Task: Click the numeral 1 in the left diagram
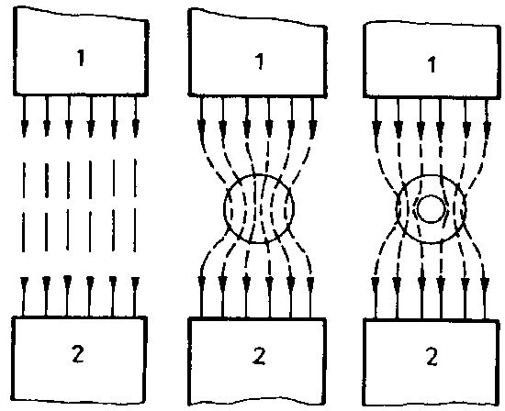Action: [81, 58]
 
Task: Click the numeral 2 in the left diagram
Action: [78, 354]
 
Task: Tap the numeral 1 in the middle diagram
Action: [260, 61]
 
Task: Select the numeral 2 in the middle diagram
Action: [259, 355]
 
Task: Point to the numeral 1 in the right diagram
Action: [432, 64]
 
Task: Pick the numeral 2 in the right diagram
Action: [432, 356]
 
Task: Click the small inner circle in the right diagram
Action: [431, 208]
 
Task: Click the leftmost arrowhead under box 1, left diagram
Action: [25, 128]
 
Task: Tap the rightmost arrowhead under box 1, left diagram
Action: [136, 128]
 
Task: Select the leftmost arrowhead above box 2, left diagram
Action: [24, 283]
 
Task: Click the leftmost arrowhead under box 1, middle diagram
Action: [202, 128]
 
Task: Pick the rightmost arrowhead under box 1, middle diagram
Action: [312, 128]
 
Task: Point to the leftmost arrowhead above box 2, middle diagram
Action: [202, 283]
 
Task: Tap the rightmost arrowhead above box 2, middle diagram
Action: [310, 283]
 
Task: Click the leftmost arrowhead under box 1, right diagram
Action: [376, 128]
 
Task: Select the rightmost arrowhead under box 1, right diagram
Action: [488, 128]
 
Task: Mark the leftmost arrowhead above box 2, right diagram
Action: [376, 283]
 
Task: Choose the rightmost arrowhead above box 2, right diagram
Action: [485, 283]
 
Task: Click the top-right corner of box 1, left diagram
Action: [147, 21]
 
